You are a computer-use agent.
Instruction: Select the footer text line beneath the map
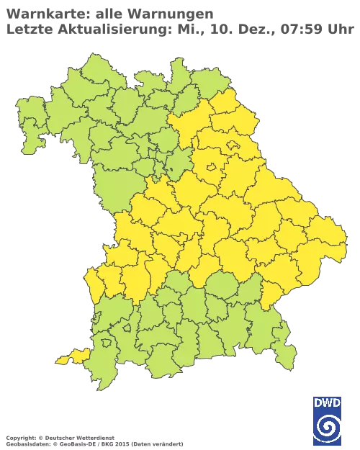[x=94, y=438]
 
